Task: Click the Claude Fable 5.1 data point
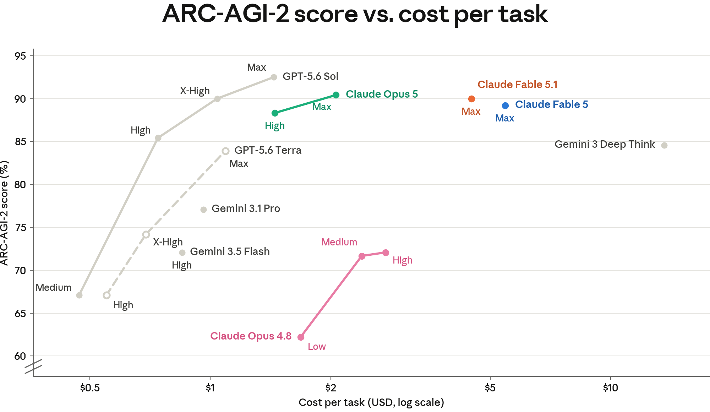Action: pos(471,99)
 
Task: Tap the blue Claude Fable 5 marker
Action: pos(505,105)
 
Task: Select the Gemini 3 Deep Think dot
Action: pos(664,145)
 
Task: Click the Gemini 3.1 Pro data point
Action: pos(203,210)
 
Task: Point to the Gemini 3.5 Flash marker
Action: pos(182,253)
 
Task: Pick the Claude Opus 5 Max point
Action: pos(336,95)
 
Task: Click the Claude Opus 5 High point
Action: pos(275,113)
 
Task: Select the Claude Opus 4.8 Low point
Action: pos(301,337)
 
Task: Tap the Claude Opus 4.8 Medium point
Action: pos(362,256)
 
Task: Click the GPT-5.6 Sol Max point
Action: pos(274,77)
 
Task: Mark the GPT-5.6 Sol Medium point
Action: pos(79,295)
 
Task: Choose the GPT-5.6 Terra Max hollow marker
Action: pos(225,151)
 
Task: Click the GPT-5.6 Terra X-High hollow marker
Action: pos(146,234)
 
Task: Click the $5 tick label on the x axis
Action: pos(490,388)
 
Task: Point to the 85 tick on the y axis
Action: pos(20,142)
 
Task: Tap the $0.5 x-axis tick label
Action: pos(90,388)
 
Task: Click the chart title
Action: pos(355,14)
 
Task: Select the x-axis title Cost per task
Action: pos(371,402)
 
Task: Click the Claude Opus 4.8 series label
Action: pos(251,336)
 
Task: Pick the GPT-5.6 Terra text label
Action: pos(268,150)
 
